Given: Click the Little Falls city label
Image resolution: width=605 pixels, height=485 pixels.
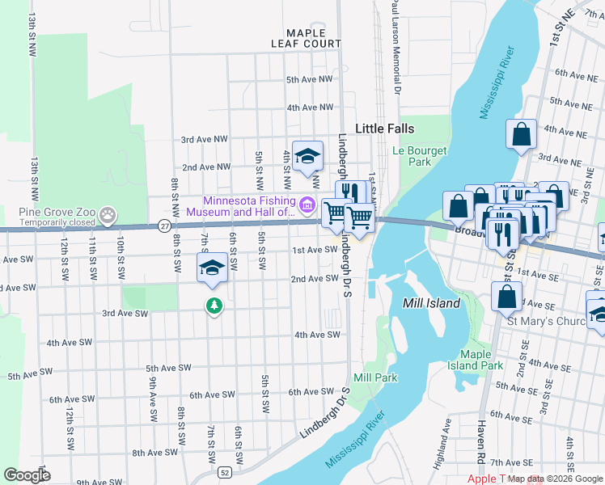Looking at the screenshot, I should point(385,129).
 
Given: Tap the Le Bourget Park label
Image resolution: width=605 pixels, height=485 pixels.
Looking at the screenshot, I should point(412,156).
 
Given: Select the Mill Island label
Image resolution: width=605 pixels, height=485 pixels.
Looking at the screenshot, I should point(432,303).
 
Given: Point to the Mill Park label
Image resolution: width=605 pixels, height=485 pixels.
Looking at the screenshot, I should point(375,377).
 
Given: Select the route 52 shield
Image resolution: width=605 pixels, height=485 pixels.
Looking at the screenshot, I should point(223,470).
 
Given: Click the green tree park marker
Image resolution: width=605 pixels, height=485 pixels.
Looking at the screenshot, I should point(214,306).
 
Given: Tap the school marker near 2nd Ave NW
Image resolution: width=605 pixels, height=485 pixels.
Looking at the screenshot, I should point(307,156).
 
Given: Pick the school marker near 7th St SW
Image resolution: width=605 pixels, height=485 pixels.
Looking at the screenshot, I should point(211,268).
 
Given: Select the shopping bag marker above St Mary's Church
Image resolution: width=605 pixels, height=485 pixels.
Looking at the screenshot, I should point(506,297).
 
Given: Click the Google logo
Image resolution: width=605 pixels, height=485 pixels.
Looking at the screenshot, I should point(27,475).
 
